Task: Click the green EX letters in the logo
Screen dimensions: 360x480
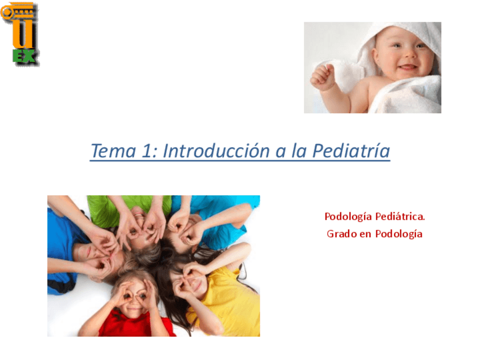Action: click(x=24, y=55)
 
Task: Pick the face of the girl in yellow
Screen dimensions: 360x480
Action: click(x=192, y=277)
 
